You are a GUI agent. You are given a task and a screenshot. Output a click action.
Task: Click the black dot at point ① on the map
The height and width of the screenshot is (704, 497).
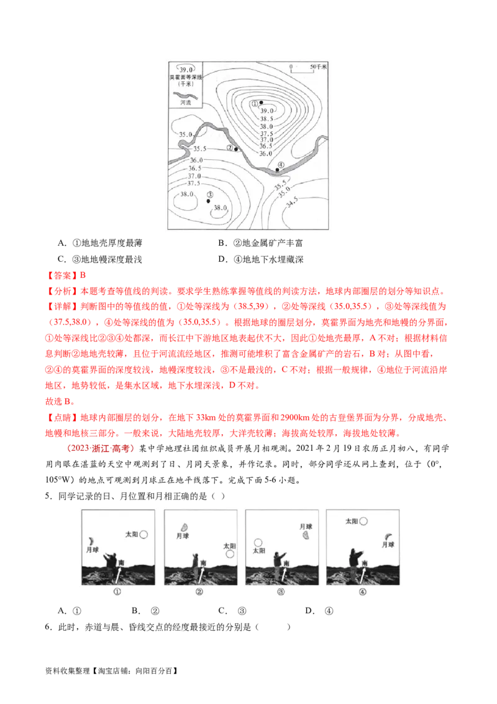(261, 103)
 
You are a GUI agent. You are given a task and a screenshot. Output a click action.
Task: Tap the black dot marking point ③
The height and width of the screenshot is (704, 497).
(208, 201)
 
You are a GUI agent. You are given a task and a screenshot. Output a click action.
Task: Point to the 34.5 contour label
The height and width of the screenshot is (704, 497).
(291, 202)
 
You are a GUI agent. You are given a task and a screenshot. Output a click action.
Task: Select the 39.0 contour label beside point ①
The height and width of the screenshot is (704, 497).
(267, 111)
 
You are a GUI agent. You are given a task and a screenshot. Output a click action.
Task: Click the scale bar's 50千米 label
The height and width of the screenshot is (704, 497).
(318, 67)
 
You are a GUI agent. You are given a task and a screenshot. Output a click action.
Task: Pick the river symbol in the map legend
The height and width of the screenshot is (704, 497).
(186, 96)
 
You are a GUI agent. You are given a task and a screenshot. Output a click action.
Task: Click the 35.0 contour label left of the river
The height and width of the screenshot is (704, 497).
(186, 134)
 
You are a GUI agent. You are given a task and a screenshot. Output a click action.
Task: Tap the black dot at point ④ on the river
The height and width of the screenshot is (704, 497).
(277, 170)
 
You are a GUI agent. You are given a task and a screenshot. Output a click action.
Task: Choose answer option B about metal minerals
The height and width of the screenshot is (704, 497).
(260, 243)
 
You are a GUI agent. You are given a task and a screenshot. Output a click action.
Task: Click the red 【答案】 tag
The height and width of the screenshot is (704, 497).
(61, 276)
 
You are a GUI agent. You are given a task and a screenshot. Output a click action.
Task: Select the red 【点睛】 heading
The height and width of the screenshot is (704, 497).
(61, 417)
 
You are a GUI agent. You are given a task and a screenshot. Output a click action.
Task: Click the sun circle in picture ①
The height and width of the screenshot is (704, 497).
(144, 534)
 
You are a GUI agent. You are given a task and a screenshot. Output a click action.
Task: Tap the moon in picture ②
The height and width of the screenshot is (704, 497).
(184, 527)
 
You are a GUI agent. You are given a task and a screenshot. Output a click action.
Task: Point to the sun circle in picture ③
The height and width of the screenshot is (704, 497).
(258, 543)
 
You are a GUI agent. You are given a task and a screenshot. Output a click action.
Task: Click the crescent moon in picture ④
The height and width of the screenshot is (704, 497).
(388, 536)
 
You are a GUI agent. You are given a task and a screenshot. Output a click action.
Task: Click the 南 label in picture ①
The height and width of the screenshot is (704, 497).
(121, 563)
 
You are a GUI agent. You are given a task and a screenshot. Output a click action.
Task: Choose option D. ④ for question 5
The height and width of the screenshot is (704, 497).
(319, 611)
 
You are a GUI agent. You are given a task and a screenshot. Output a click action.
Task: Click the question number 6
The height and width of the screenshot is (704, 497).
(48, 627)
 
